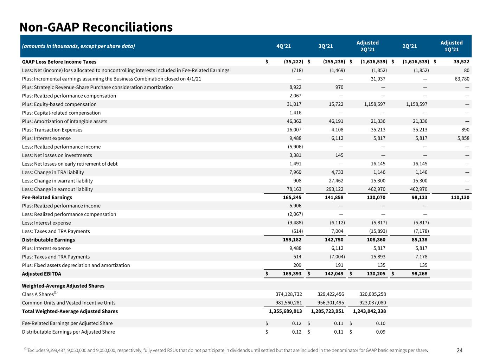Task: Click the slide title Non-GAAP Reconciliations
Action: point(96,27)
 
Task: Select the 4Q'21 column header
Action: point(284,46)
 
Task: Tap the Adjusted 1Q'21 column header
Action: point(452,46)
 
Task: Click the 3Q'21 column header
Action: point(326,46)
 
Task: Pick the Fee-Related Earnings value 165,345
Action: point(292,197)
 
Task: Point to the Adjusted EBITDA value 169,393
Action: point(292,274)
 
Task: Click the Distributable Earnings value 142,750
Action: point(334,239)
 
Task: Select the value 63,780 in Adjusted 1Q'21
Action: point(462,79)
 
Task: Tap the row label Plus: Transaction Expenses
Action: point(52,130)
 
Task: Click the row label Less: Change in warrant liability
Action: point(57,181)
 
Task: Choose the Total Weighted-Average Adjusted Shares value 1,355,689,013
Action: point(286,311)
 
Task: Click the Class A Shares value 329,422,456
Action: point(331,294)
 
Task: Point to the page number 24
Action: point(460,351)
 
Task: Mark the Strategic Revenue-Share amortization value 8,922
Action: point(295,87)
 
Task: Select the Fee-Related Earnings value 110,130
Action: point(460,197)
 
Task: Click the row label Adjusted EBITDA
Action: point(41,274)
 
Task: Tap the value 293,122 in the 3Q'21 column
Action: point(334,189)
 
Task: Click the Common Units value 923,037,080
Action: point(373,303)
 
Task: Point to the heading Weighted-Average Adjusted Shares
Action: point(63,286)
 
